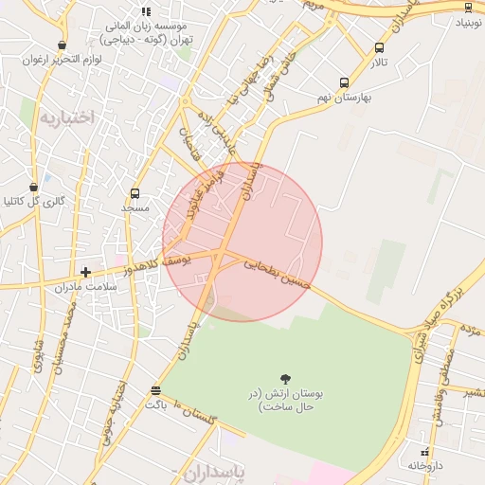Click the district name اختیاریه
point(68,117)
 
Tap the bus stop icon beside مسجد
point(135,193)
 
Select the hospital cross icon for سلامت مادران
point(85,273)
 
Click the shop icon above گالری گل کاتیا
point(34,187)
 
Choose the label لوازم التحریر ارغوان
point(50,59)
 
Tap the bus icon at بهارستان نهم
point(344,82)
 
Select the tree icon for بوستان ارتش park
point(287,379)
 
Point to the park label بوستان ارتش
point(279,400)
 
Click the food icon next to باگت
point(155,390)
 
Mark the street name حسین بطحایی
point(277,275)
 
